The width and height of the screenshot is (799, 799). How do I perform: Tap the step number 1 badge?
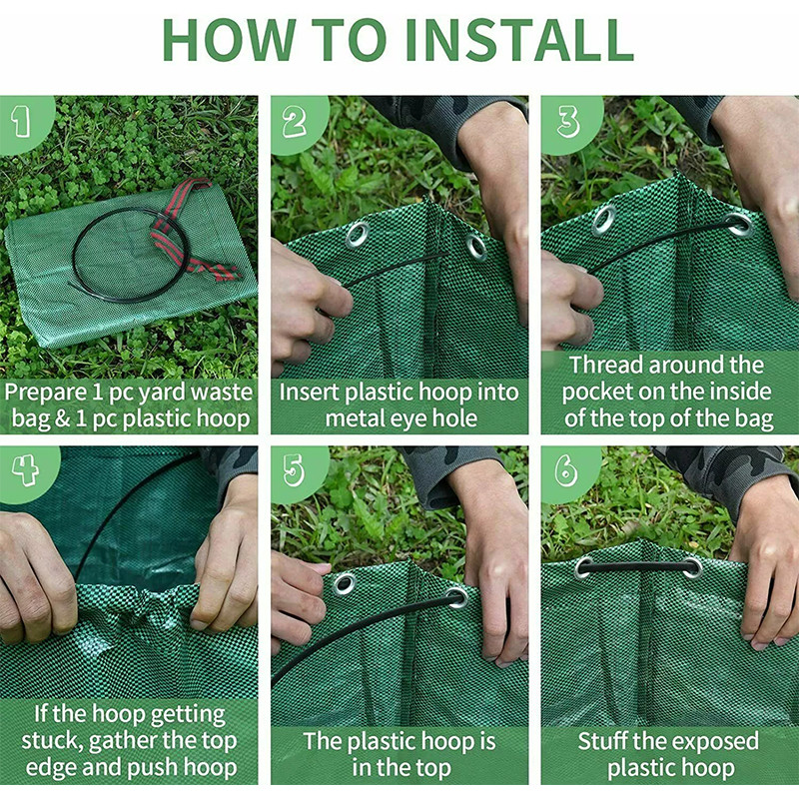point(23,122)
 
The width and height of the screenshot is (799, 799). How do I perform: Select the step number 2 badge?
point(296,122)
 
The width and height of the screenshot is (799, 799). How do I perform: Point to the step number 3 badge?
point(568,122)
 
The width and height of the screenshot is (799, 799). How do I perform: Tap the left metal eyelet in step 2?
point(358,234)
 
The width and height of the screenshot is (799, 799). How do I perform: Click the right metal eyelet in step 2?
point(477,248)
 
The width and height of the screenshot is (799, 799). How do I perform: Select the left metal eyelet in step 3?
point(604,220)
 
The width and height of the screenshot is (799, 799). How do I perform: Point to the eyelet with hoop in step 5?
point(457,597)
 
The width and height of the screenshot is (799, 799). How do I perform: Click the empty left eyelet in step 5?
point(345,584)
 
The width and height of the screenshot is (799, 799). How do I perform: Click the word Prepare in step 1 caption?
point(46,394)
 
